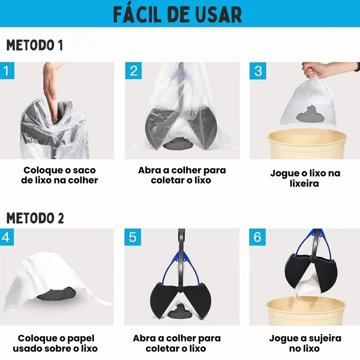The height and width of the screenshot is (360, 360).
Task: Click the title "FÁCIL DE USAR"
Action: [177, 14]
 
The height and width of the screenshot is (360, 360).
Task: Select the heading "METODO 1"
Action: [35, 45]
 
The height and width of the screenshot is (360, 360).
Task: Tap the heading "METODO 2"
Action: [35, 218]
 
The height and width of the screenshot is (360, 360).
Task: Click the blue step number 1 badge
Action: [6, 71]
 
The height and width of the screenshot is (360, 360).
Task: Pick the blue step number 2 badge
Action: [134, 71]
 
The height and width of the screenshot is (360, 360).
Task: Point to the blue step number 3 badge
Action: [258, 71]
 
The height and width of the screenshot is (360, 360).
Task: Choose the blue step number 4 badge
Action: [6, 237]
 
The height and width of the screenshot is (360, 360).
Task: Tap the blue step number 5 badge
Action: [132, 237]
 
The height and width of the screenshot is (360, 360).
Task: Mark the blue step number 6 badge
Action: [257, 237]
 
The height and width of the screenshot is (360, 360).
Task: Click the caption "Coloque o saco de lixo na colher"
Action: [60, 175]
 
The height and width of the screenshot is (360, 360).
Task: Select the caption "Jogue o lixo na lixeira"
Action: [305, 178]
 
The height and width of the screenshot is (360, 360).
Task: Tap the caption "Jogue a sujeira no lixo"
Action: [305, 343]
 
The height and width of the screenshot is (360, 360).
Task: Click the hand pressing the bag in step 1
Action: [51, 85]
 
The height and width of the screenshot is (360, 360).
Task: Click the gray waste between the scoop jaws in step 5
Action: [178, 310]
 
